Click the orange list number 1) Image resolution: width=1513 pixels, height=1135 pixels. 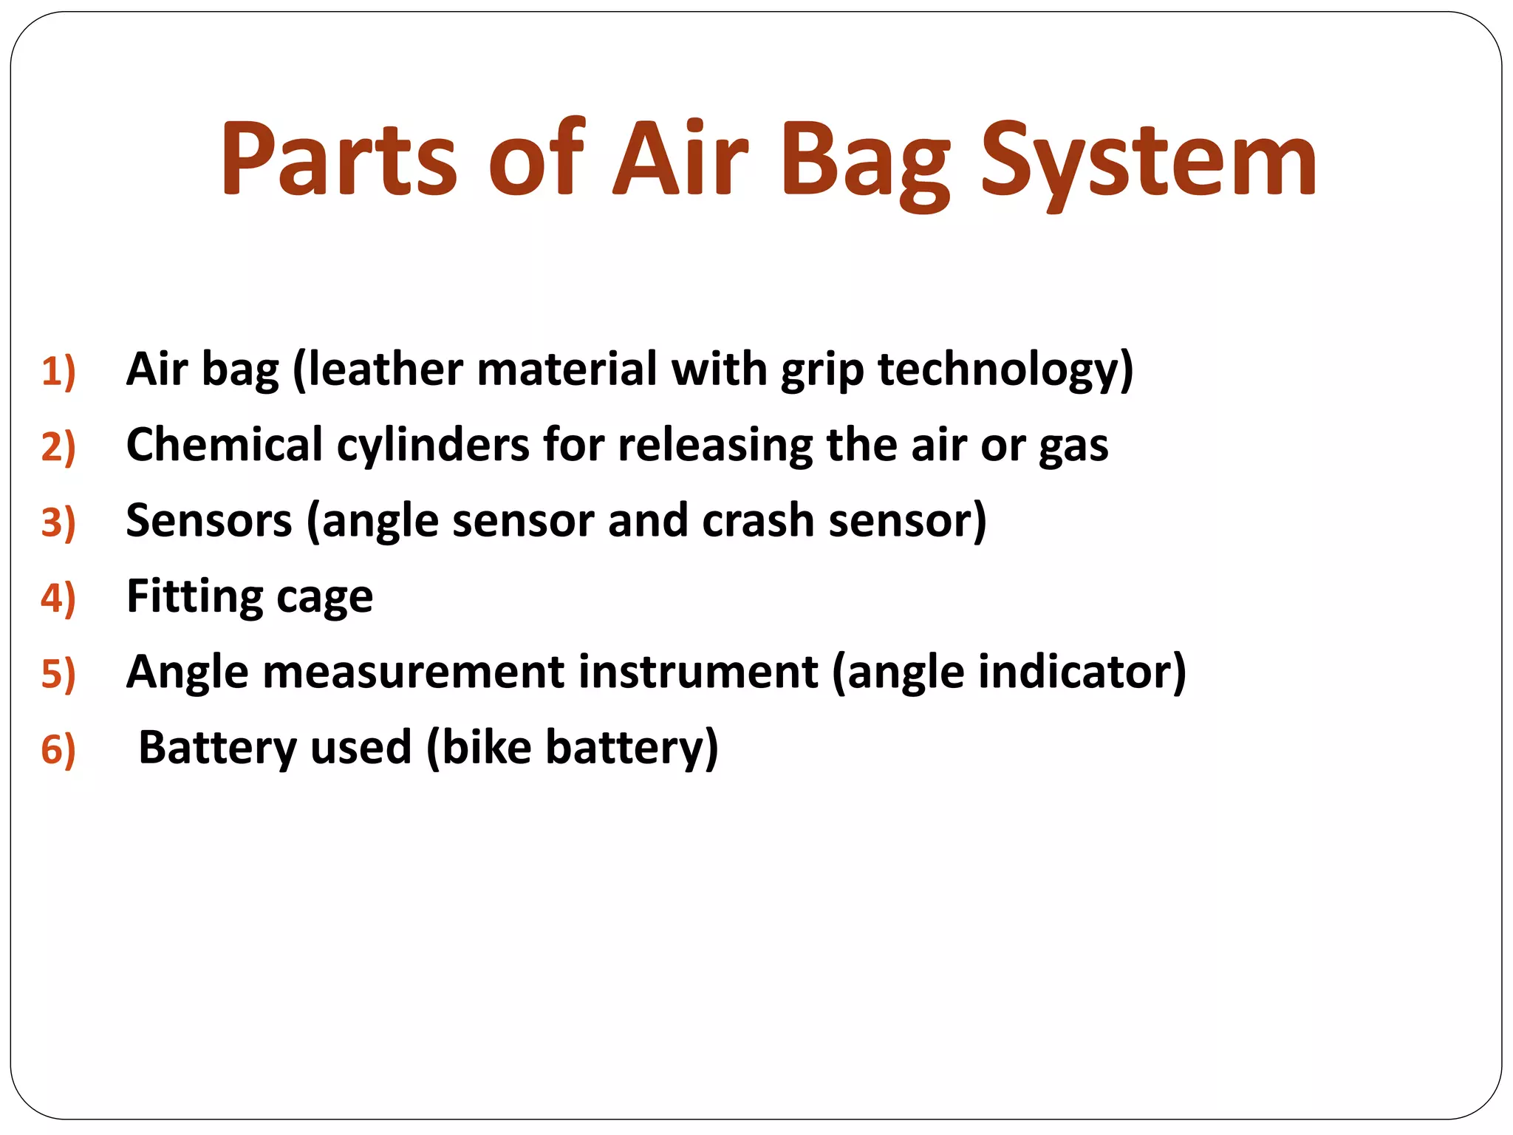click(58, 371)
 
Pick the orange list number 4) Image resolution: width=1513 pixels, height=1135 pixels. click(58, 598)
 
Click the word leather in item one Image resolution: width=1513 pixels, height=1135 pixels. click(384, 369)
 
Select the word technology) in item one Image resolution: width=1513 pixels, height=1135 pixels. click(1005, 369)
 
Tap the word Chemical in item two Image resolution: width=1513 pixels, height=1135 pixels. click(225, 445)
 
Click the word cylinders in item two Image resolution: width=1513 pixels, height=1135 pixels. click(433, 445)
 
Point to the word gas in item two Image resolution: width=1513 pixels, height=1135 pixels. click(1073, 446)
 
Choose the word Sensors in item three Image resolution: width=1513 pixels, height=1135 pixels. click(209, 520)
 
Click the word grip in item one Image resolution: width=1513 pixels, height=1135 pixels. click(822, 369)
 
